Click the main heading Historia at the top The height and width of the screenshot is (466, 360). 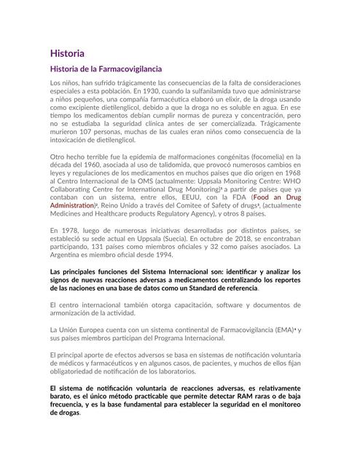(x=67, y=53)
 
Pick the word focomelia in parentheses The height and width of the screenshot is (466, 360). (x=268, y=157)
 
